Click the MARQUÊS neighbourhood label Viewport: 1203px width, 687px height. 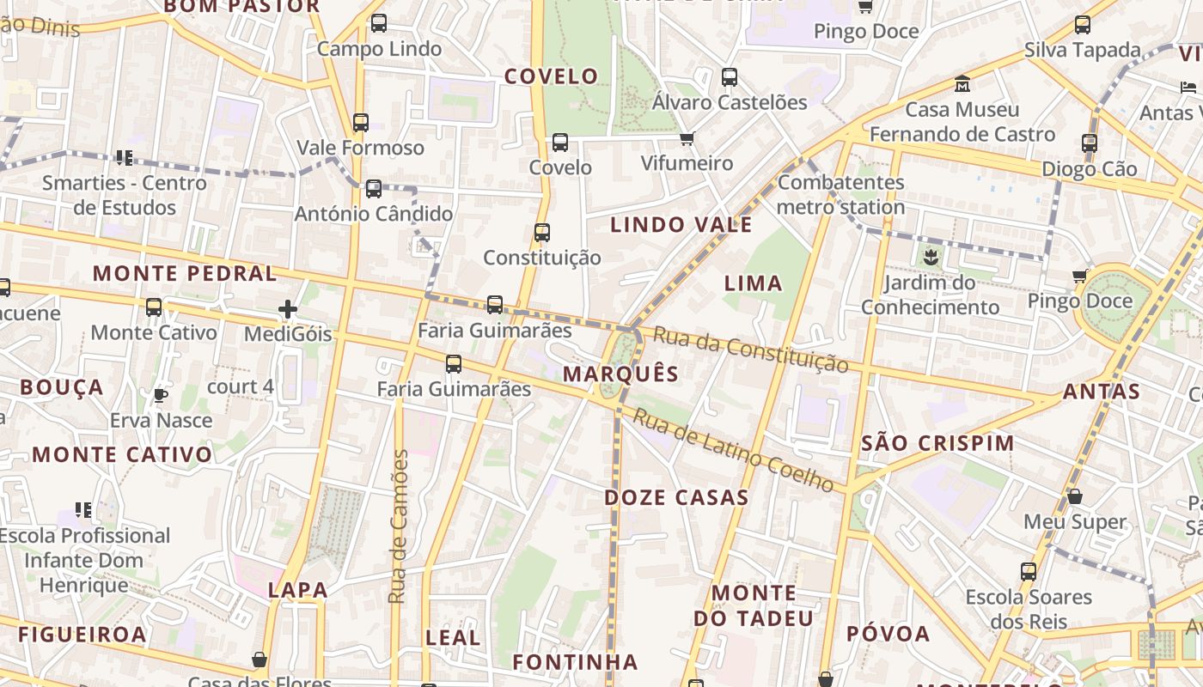pyautogui.click(x=620, y=374)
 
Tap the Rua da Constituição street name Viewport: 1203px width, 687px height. pyautogui.click(x=750, y=350)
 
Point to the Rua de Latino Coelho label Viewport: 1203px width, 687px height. pyautogui.click(x=734, y=451)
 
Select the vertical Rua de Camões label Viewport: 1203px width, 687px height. pyautogui.click(x=398, y=526)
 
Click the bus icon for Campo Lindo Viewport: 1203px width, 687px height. pyautogui.click(x=379, y=23)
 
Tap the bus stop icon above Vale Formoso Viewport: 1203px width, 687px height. pyautogui.click(x=361, y=122)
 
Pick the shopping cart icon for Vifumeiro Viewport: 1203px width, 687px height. pyautogui.click(x=687, y=138)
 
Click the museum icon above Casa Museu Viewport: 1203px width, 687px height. pyautogui.click(x=962, y=84)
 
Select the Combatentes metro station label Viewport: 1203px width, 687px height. pyautogui.click(x=840, y=195)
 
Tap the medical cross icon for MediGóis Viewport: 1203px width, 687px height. pyautogui.click(x=288, y=309)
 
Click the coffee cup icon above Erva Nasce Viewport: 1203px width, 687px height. pyautogui.click(x=160, y=395)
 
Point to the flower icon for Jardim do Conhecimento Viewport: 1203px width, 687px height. pyautogui.click(x=930, y=256)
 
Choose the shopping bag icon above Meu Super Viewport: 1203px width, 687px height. pyautogui.click(x=1075, y=496)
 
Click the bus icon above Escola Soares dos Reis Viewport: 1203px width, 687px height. pyautogui.click(x=1029, y=571)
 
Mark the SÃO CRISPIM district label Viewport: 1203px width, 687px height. pyautogui.click(x=937, y=443)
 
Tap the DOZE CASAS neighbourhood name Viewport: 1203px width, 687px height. pyautogui.click(x=676, y=497)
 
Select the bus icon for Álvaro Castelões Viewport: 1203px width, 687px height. pyautogui.click(x=730, y=76)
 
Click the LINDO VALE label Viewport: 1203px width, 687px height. pyautogui.click(x=681, y=225)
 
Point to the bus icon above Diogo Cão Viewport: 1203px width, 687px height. pyautogui.click(x=1090, y=143)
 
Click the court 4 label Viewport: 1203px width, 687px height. pyautogui.click(x=241, y=386)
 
